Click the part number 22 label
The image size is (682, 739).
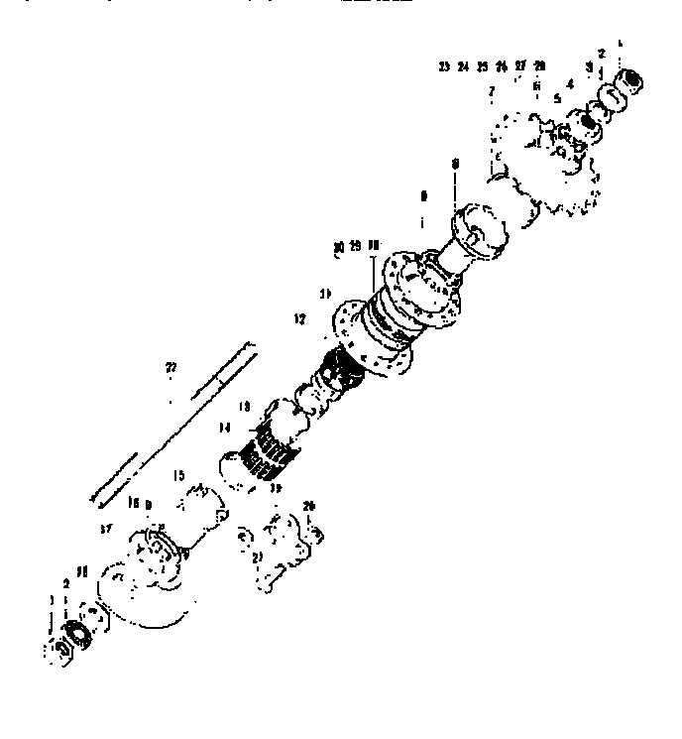coord(170,367)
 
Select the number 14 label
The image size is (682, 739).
coord(225,428)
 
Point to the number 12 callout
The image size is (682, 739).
coord(299,318)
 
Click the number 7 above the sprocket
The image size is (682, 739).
coord(491,91)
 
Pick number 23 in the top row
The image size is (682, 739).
coord(443,66)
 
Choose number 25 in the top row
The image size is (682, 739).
coord(482,66)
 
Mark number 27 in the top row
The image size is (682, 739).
coord(520,66)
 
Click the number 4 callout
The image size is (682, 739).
coord(571,85)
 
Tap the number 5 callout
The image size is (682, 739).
coord(557,99)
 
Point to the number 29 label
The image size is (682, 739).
coord(355,245)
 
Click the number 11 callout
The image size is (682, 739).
coord(324,294)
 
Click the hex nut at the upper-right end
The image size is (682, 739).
coord(629,78)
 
